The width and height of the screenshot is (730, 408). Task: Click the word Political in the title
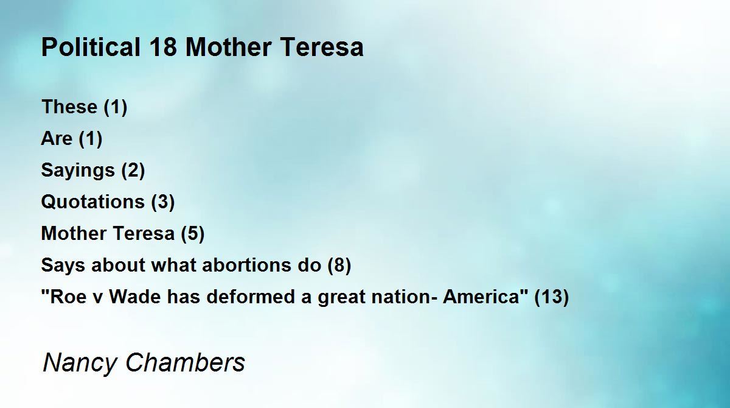coord(91,47)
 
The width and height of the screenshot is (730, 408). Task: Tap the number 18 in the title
coord(164,47)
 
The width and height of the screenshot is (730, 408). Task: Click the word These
coord(69,107)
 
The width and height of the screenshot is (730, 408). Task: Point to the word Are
coord(57,138)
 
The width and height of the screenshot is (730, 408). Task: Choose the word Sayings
coord(78,171)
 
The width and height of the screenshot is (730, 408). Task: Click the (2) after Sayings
coord(133,171)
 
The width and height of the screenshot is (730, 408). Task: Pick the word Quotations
coord(93,202)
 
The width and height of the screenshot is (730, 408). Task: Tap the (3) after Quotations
coord(163,202)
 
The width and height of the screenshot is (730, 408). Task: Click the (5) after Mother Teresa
coord(193,233)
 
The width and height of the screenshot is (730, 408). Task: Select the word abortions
coord(246,265)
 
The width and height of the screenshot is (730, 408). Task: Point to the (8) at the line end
coord(339,265)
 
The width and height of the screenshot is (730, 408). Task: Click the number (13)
coord(552,297)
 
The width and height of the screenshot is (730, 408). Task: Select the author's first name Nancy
coord(80,363)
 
